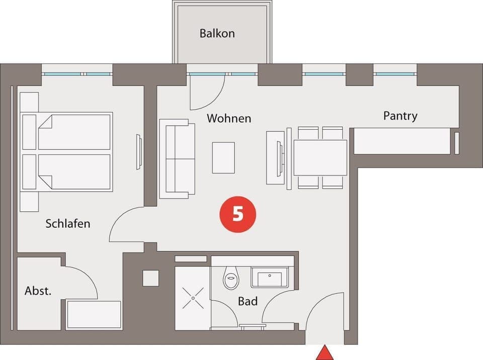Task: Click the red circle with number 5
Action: (x=237, y=214)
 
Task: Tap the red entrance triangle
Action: (x=325, y=353)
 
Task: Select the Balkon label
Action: (x=217, y=34)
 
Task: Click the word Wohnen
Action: (x=229, y=119)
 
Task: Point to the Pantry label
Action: (x=400, y=116)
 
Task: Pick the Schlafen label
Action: (x=68, y=223)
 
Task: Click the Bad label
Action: (x=248, y=301)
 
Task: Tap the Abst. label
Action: (x=38, y=291)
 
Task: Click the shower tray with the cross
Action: (x=193, y=298)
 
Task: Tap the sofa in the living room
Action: (x=177, y=158)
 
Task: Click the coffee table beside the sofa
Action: (x=223, y=158)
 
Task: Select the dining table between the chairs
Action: (x=320, y=157)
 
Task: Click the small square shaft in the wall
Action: (x=150, y=278)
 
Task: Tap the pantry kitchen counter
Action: (x=401, y=141)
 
